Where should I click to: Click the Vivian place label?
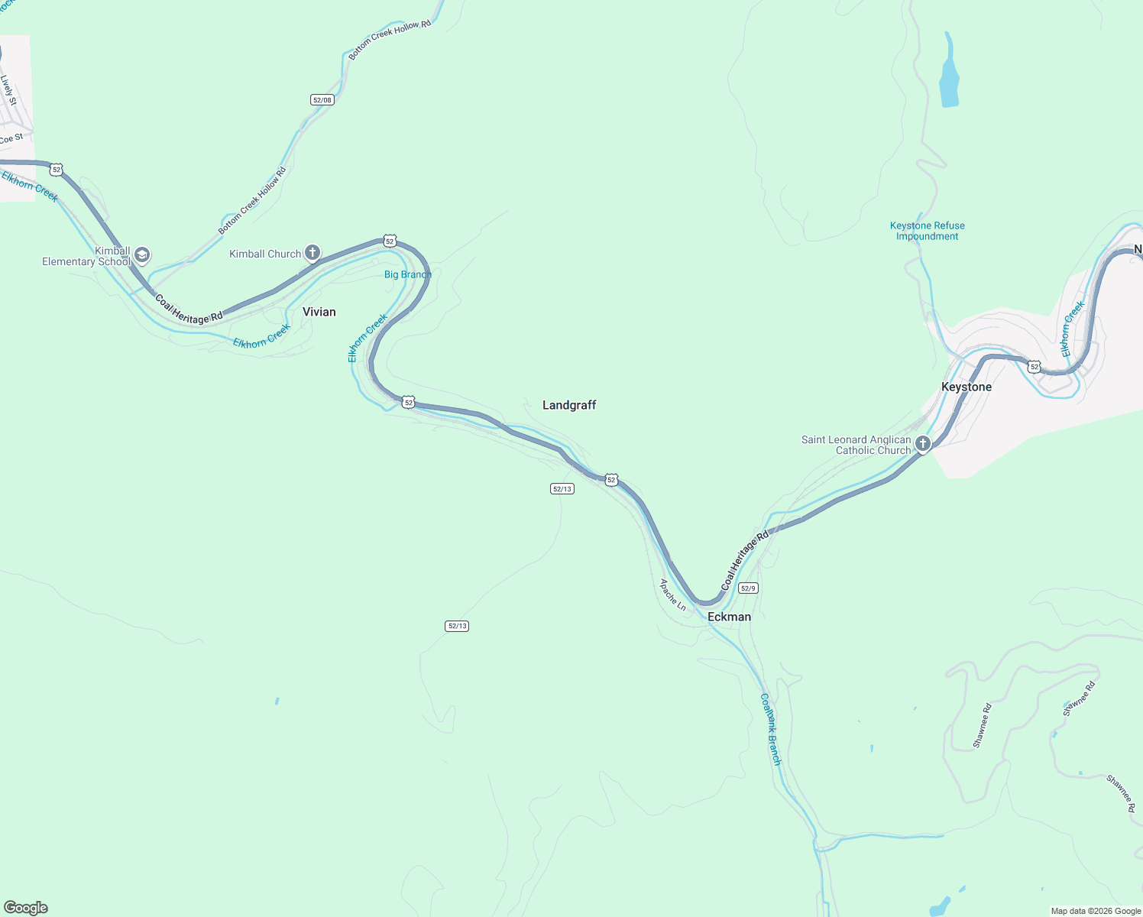[x=319, y=312]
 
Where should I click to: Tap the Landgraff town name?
[x=568, y=405]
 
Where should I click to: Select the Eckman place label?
[x=729, y=617]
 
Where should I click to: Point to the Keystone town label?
[x=966, y=387]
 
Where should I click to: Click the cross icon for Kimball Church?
[x=312, y=252]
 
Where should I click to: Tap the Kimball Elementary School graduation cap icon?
[x=142, y=255]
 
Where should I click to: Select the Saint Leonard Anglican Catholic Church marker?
[x=923, y=443]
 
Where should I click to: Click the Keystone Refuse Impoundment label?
[x=927, y=231]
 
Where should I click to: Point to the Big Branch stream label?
[x=407, y=274]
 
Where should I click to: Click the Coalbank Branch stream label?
[x=771, y=729]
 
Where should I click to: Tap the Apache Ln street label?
[x=673, y=595]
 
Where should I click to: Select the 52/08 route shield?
[x=322, y=100]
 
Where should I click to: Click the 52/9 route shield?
[x=748, y=588]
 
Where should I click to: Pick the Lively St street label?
[x=8, y=90]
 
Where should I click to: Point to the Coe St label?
[x=11, y=138]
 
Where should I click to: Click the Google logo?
[x=26, y=908]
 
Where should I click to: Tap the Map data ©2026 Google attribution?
[x=1096, y=911]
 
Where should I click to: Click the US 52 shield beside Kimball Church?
[x=390, y=241]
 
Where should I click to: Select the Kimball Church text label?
[x=265, y=254]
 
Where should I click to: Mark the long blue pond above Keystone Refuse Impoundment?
[x=949, y=73]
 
